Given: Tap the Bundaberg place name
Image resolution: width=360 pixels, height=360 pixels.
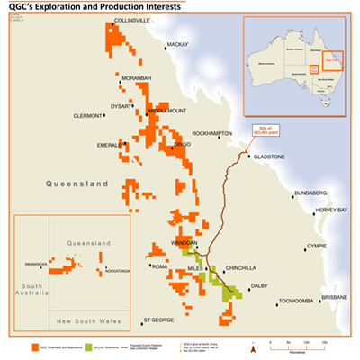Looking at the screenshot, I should [x=312, y=193].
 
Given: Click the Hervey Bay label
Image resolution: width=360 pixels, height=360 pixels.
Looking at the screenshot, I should [x=330, y=210].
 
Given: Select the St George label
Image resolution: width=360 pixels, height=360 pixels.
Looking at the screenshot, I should [x=158, y=319].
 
